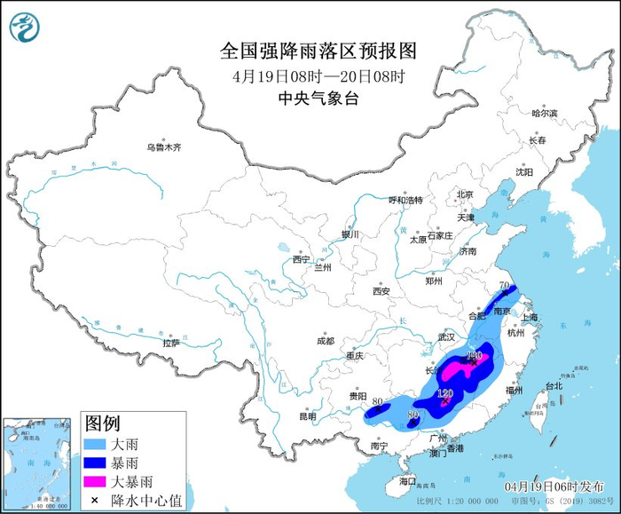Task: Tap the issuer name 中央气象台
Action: [x=318, y=99]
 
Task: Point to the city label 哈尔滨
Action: [x=544, y=114]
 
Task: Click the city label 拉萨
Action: [x=171, y=342]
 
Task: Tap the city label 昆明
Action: [x=307, y=415]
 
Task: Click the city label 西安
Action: [x=381, y=290]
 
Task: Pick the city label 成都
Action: [x=325, y=341]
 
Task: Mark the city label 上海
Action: [x=531, y=317]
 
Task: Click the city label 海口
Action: [x=407, y=480]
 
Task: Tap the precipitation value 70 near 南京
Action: [x=505, y=287]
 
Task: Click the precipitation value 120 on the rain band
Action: [x=445, y=392]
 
